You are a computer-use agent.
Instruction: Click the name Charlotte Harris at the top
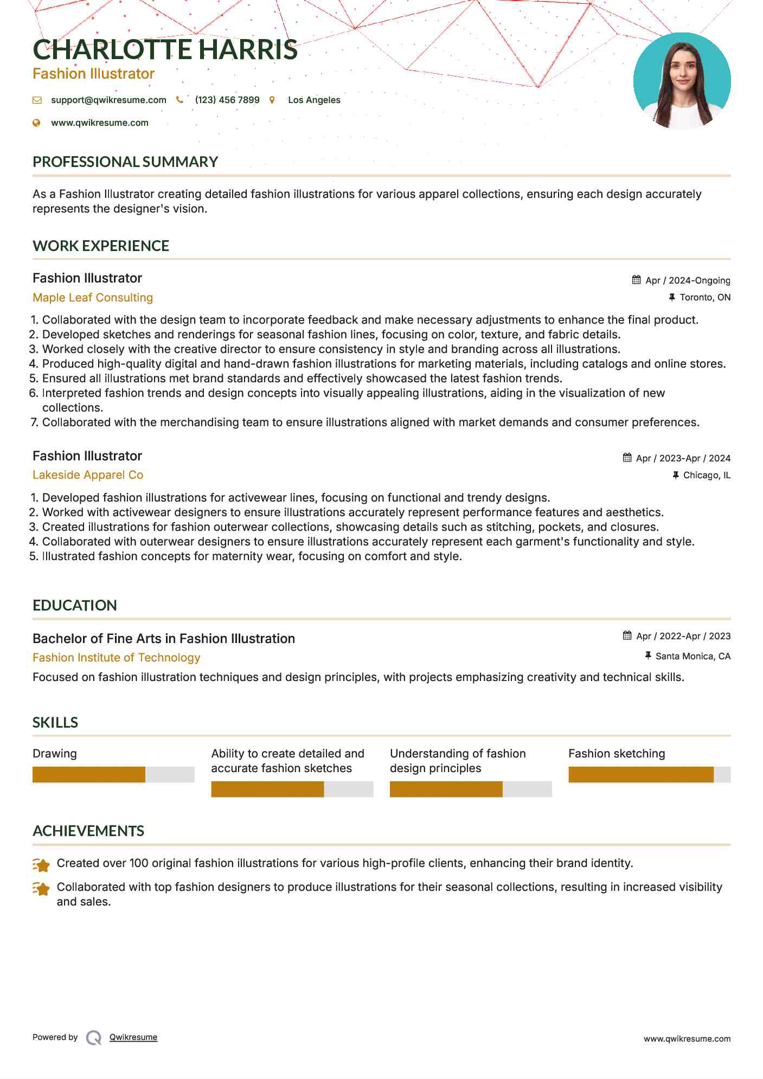pos(165,49)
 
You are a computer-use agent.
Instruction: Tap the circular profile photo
pos(682,81)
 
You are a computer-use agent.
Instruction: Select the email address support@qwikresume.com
pos(108,100)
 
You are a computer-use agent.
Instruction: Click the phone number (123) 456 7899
pos(227,100)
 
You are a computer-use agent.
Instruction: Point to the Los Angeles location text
pos(314,100)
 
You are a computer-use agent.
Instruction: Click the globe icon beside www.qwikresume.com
pos(37,123)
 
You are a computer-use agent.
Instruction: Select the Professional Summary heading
pos(125,162)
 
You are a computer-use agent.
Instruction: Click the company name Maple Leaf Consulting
pos(93,297)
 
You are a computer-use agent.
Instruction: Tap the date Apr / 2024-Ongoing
pos(688,280)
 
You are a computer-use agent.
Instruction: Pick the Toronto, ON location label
pos(705,297)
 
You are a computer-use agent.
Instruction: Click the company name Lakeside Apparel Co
pos(88,475)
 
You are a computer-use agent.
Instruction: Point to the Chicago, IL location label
pos(707,475)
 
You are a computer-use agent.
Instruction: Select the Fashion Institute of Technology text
pos(117,657)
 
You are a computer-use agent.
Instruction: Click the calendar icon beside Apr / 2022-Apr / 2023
pos(627,635)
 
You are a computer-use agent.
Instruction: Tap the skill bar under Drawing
pos(113,774)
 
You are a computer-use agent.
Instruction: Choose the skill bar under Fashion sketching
pos(649,774)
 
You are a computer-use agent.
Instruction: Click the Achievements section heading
pos(88,831)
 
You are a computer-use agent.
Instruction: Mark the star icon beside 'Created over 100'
pos(41,865)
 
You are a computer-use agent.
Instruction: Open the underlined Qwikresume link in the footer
pos(133,1037)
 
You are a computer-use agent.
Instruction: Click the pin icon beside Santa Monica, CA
pos(648,656)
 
